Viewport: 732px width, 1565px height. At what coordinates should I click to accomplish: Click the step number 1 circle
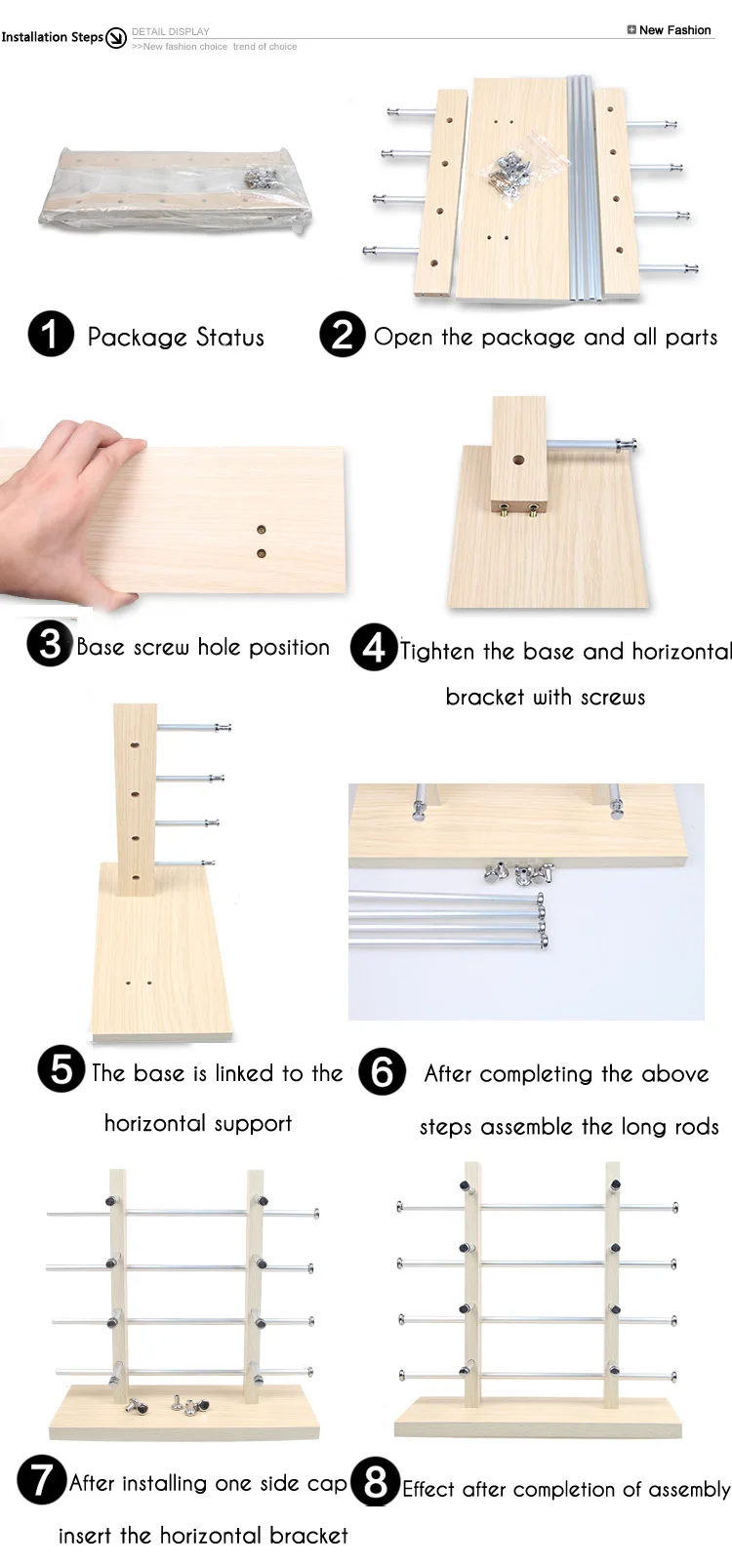tap(51, 334)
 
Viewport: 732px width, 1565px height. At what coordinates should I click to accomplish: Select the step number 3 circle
tap(51, 643)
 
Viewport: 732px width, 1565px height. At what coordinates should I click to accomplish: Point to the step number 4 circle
tap(374, 647)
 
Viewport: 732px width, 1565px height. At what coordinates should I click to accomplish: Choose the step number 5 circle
tap(61, 1068)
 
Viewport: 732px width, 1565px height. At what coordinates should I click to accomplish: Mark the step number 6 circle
tap(382, 1071)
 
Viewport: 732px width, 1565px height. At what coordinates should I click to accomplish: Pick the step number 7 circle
tap(41, 1479)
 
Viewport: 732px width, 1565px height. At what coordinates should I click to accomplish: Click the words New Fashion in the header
tap(674, 30)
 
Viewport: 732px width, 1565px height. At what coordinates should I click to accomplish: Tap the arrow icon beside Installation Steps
tap(116, 37)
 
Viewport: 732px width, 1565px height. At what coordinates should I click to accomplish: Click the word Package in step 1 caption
tap(137, 338)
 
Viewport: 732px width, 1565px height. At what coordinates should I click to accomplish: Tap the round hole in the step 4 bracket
tap(518, 461)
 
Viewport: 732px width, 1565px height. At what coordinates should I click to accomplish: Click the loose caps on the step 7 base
tap(168, 1405)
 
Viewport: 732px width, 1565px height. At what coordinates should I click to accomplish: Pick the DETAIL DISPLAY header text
tap(171, 31)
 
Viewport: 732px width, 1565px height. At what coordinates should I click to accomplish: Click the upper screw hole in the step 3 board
tap(261, 530)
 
